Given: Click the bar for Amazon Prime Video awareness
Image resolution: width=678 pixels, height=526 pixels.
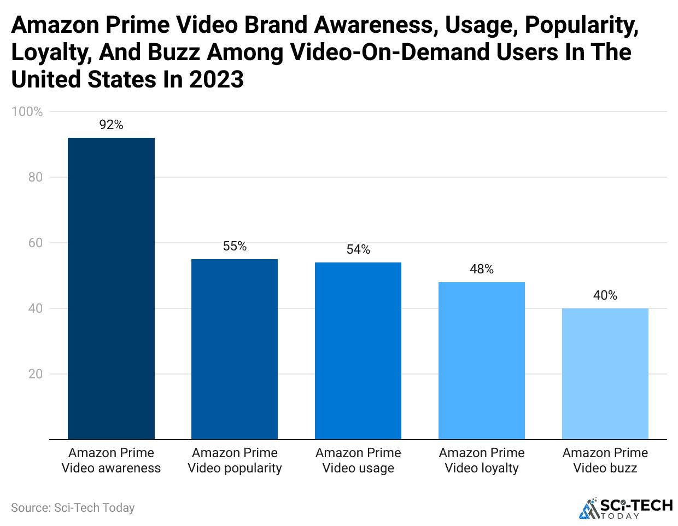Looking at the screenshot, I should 111,288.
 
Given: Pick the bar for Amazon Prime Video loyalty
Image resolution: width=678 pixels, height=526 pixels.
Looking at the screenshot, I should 482,360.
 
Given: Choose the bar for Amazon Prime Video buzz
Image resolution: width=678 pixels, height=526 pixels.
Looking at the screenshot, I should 605,373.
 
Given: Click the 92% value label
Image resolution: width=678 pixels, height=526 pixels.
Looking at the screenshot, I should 111,125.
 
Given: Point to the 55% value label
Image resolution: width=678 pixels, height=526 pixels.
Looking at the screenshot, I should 235,247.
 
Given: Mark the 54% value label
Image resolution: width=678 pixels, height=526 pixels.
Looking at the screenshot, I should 358,250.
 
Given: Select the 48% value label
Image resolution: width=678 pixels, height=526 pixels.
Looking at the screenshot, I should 482,270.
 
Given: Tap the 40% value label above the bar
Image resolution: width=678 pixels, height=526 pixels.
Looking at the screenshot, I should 605,296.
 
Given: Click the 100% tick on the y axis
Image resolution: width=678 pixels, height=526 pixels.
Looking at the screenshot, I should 27,112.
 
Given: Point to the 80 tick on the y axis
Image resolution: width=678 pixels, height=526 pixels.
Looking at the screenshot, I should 35,177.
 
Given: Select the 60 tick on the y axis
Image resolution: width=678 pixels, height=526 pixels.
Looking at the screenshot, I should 35,243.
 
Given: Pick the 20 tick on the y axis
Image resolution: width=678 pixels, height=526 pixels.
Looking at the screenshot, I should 35,374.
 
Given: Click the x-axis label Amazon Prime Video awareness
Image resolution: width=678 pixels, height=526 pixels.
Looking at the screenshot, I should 111,460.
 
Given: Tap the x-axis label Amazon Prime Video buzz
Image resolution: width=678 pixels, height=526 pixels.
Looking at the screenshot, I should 605,460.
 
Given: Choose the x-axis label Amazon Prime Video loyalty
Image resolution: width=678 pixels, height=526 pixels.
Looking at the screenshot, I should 482,460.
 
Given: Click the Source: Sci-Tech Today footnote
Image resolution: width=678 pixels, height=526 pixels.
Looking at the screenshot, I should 73,508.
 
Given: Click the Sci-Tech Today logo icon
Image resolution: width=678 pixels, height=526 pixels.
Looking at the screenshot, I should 589,508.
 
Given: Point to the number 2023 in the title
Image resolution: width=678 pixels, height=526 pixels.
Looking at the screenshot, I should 217,80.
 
